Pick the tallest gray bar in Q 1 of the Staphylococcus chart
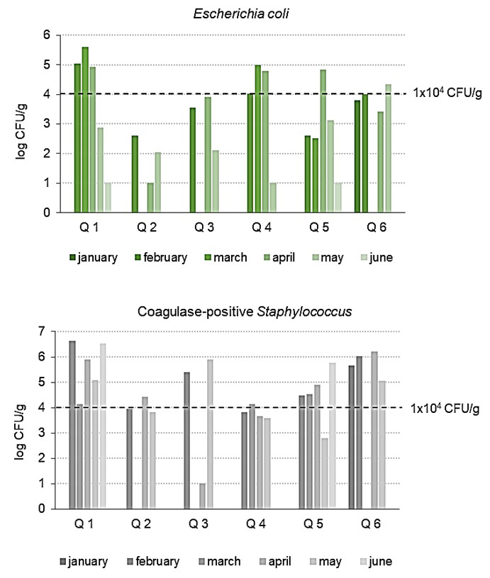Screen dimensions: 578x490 tap(72, 424)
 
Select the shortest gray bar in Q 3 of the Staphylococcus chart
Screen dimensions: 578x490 tap(202, 496)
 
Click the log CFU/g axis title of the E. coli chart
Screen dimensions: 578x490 tap(23, 124)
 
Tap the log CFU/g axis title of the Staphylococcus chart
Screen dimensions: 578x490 tap(23, 419)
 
